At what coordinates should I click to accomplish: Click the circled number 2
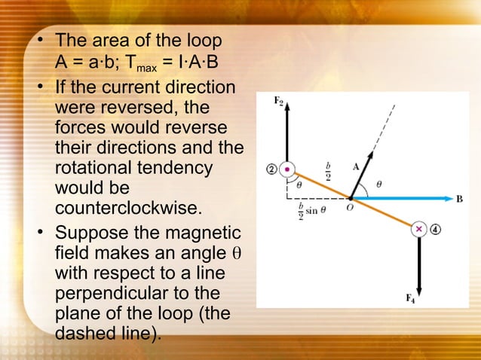click(270, 169)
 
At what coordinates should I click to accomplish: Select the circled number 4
click(436, 229)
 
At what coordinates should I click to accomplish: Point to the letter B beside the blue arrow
click(459, 199)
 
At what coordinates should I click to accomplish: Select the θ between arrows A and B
click(378, 183)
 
